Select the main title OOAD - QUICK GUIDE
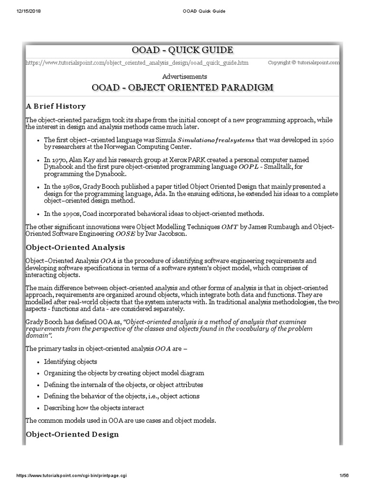point(182,50)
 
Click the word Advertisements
point(184,76)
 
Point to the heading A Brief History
point(56,106)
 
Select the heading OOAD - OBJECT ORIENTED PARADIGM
point(184,88)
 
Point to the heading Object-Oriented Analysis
point(75,247)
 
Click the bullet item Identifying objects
point(70,361)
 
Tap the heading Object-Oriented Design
point(72,434)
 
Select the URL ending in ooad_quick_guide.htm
point(136,63)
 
